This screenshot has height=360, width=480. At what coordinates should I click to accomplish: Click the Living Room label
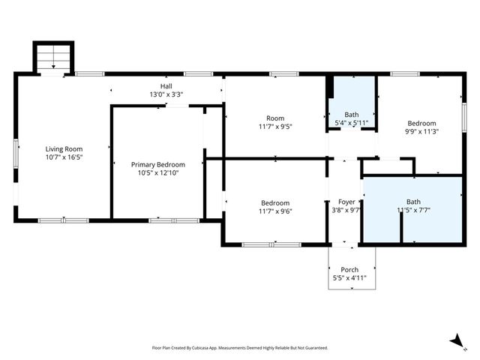pyautogui.click(x=64, y=148)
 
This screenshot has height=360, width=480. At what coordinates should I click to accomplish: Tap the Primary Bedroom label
pyautogui.click(x=157, y=164)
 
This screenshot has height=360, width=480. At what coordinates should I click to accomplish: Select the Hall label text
pyautogui.click(x=166, y=86)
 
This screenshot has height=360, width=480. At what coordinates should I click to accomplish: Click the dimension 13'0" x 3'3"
pyautogui.click(x=166, y=95)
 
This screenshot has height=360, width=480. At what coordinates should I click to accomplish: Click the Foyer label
pyautogui.click(x=346, y=202)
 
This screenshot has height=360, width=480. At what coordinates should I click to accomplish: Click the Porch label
pyautogui.click(x=349, y=269)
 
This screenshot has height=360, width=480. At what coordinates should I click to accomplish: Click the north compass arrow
pyautogui.click(x=455, y=341)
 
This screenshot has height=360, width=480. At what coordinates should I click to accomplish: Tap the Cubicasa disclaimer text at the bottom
pyautogui.click(x=240, y=348)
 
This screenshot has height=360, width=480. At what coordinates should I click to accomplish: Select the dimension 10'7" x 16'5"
pyautogui.click(x=64, y=157)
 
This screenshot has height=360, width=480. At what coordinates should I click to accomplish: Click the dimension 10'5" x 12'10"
pyautogui.click(x=157, y=173)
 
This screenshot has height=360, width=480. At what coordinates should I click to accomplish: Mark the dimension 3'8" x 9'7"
pyautogui.click(x=346, y=211)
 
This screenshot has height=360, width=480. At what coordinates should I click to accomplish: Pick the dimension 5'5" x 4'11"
pyautogui.click(x=349, y=278)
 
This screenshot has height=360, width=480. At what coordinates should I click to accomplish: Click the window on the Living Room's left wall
pyautogui.click(x=16, y=158)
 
